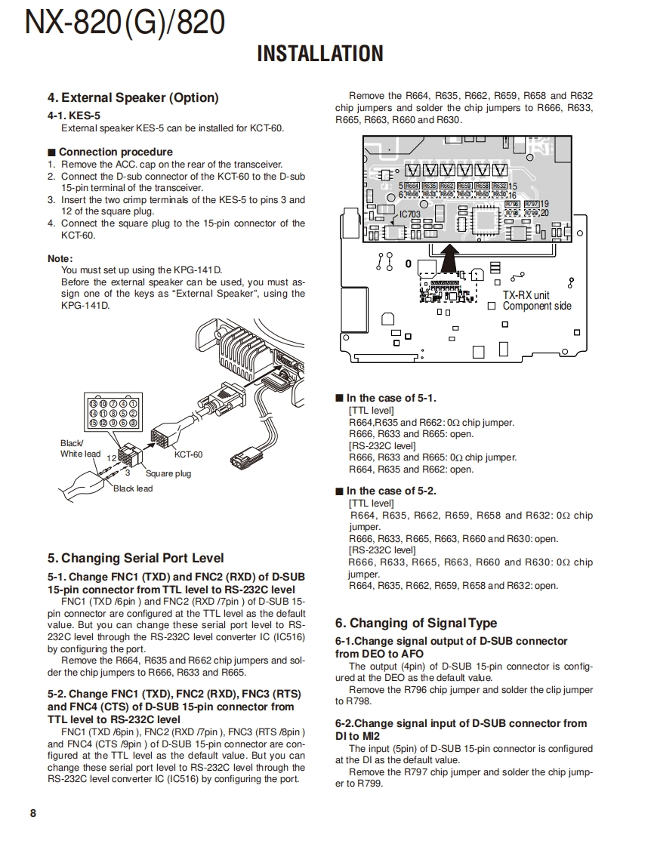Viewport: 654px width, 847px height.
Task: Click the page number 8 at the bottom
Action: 32,813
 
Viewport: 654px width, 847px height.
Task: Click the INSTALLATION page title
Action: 320,54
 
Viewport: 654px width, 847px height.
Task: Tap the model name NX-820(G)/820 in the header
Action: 125,23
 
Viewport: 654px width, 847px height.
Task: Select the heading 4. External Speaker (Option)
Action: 133,97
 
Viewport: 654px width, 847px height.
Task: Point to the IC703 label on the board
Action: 409,214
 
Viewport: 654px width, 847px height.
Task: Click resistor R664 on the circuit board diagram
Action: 412,186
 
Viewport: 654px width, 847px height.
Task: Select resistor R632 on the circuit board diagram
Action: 499,186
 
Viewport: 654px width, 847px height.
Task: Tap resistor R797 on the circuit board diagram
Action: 531,204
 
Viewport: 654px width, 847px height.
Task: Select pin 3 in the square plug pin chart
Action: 133,423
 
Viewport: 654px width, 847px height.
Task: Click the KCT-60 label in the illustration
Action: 188,454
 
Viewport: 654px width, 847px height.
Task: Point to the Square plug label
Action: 168,473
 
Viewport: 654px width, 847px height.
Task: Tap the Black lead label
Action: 133,488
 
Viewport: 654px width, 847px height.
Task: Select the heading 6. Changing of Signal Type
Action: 416,623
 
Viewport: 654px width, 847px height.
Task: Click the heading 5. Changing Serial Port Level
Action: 136,558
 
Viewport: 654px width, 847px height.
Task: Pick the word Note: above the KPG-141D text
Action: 60,258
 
